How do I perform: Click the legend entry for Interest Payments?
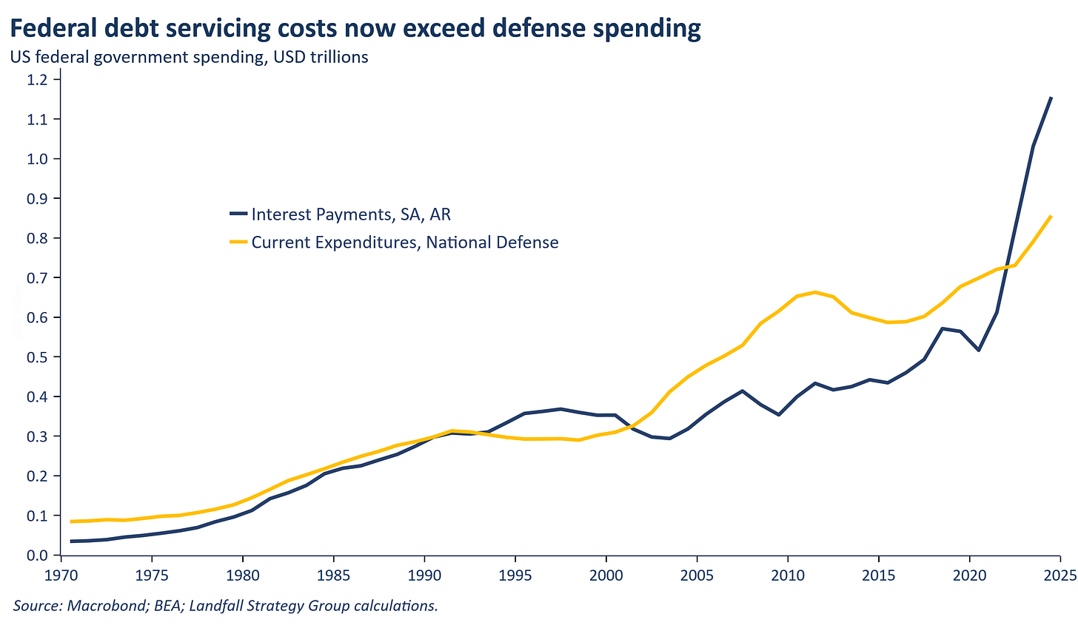point(351,215)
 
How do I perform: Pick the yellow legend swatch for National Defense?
point(238,242)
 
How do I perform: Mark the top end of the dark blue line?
point(1051,98)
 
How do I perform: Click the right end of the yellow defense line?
point(1051,216)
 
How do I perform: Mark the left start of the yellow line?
point(71,521)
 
